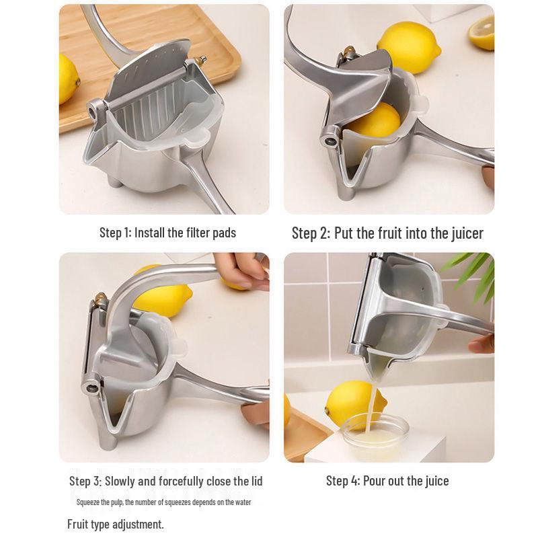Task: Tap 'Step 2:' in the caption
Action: coord(311,233)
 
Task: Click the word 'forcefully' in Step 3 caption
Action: coord(184,481)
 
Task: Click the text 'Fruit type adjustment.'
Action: coord(115,524)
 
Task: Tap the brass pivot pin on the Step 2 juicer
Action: coord(349,51)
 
